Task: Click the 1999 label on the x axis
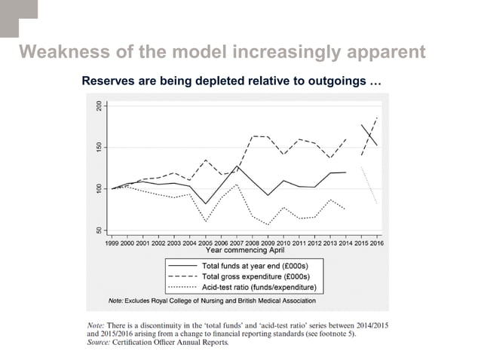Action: pyautogui.click(x=112, y=243)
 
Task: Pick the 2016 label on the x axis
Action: pyautogui.click(x=375, y=243)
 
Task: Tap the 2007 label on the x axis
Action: pyautogui.click(x=237, y=243)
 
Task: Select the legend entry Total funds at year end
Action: pyautogui.click(x=250, y=267)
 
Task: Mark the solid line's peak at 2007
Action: pyautogui.click(x=237, y=166)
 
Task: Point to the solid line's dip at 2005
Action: pyautogui.click(x=206, y=203)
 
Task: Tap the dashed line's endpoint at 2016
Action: pyautogui.click(x=376, y=117)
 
